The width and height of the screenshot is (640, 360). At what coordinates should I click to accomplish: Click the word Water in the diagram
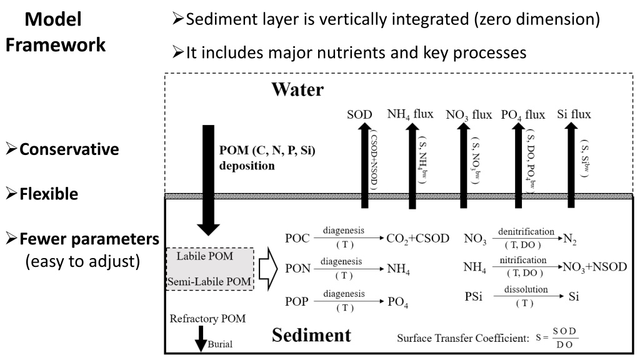click(297, 89)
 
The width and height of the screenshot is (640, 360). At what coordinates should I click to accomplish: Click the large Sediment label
click(311, 335)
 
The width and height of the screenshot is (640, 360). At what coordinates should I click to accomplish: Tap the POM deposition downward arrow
click(208, 180)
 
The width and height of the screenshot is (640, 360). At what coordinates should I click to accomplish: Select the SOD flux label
click(359, 114)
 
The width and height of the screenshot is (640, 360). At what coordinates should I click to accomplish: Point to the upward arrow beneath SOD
click(364, 165)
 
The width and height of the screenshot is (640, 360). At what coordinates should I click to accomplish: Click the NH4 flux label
click(410, 114)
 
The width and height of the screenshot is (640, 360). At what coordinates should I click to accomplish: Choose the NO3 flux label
click(469, 115)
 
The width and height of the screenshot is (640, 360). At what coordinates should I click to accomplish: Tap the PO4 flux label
click(523, 115)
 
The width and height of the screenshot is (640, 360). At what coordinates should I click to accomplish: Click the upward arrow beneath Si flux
click(571, 165)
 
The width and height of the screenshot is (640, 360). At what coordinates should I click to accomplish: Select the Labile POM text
click(205, 256)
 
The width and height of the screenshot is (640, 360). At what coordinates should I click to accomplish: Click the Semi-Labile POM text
click(209, 282)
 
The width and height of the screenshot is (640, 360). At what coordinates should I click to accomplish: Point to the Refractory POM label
click(207, 319)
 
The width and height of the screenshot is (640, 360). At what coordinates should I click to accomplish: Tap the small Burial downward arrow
click(201, 339)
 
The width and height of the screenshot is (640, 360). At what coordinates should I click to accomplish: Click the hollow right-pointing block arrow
click(268, 269)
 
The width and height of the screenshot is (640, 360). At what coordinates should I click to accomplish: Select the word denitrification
click(526, 231)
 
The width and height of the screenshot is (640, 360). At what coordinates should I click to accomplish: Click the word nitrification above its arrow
click(523, 260)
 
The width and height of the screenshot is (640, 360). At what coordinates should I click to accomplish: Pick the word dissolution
click(526, 289)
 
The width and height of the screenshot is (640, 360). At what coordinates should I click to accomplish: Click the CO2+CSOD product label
click(418, 238)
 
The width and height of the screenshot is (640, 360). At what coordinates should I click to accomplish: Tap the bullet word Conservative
click(69, 149)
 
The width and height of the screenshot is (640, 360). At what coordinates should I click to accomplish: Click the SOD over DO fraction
click(565, 337)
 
